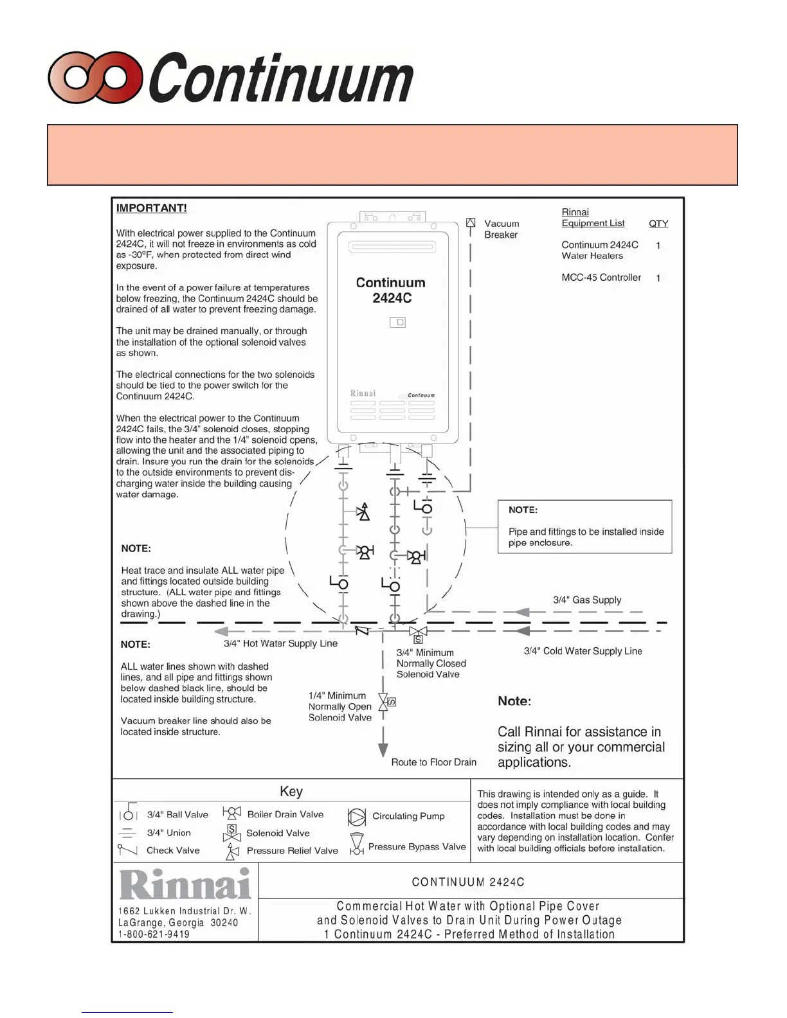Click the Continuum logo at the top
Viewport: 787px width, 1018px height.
coord(230,78)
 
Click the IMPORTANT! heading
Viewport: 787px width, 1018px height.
coord(151,208)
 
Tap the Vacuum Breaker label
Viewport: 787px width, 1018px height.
coord(502,229)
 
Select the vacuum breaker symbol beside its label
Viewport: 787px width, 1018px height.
coord(471,223)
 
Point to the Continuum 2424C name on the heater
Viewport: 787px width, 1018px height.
coord(391,290)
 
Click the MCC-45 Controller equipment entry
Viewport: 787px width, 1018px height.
coord(601,278)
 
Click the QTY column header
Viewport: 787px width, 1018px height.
coord(658,224)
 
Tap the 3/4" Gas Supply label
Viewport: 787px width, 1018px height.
coord(587,600)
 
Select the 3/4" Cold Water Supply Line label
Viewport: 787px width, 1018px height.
coord(583,651)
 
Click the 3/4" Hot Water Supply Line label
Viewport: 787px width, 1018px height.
coord(280,643)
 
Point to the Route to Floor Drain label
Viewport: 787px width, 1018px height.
coord(434,762)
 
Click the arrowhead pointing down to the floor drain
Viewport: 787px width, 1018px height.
coord(383,750)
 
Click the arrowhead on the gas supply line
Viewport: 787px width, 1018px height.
coord(521,612)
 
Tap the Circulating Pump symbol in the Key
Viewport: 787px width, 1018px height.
coord(356,817)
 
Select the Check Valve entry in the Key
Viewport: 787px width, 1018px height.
coord(173,850)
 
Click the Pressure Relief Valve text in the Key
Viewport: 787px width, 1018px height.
coord(292,851)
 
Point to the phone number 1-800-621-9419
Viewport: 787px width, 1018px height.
coord(154,934)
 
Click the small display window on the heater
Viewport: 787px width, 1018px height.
coord(398,322)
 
